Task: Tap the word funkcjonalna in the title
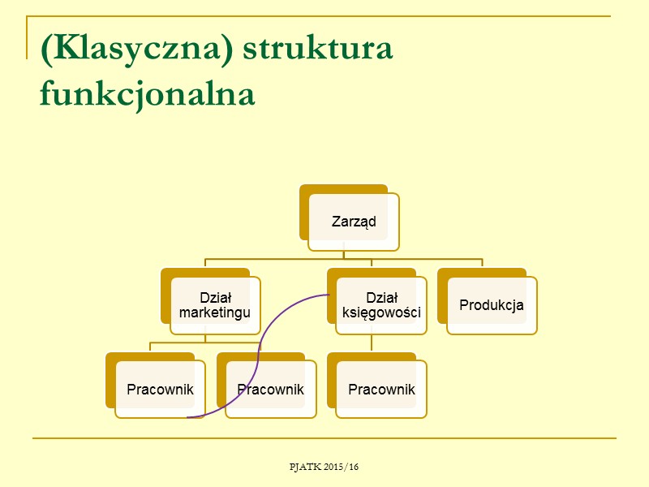[x=147, y=95]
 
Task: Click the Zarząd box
[x=354, y=222]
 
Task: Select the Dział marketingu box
[x=215, y=305]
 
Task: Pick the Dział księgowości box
[x=381, y=305]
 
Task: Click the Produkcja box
[x=492, y=305]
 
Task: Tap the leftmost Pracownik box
[x=160, y=390]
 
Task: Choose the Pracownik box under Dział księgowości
[x=381, y=390]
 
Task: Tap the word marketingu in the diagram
[x=215, y=312]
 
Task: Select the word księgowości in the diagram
[x=381, y=312]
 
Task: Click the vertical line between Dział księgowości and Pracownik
[x=372, y=343]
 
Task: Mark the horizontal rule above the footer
[x=324, y=438]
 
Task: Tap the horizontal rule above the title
[x=324, y=16]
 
